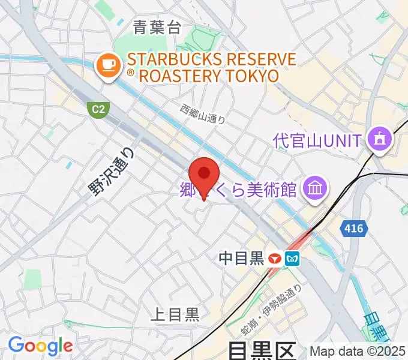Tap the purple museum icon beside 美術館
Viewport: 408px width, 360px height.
[314, 190]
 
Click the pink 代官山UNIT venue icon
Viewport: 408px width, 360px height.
[380, 140]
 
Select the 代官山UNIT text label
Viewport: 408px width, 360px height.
[317, 141]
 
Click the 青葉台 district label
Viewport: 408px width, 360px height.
[157, 27]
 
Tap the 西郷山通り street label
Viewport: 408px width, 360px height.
[203, 113]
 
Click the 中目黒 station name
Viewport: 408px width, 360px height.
[241, 259]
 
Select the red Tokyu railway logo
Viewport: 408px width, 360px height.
[275, 259]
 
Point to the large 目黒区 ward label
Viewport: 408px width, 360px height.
[262, 350]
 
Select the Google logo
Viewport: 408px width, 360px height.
[40, 346]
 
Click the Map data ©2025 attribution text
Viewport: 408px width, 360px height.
[357, 351]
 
